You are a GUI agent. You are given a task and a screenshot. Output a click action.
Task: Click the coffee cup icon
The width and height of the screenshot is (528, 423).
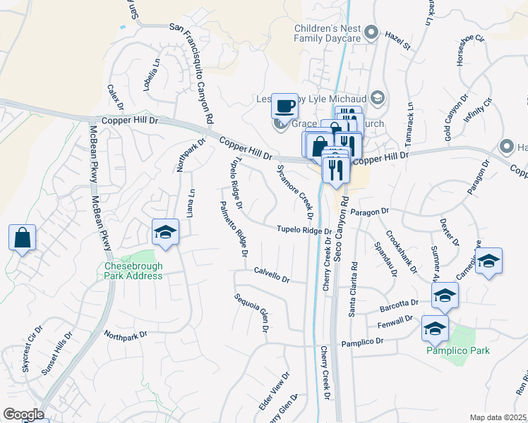click(x=284, y=106)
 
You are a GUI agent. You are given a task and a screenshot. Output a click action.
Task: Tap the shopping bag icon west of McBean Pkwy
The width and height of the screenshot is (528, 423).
click(x=22, y=238)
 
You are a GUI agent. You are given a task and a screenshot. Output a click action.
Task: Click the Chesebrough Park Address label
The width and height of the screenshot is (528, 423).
click(x=133, y=271)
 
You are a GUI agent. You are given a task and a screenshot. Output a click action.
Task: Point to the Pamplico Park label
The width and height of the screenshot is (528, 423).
click(x=457, y=350)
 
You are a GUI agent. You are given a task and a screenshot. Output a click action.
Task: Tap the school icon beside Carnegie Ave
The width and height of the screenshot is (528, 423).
click(x=488, y=262)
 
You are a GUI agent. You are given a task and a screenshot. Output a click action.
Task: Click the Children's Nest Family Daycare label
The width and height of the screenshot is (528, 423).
click(x=328, y=32)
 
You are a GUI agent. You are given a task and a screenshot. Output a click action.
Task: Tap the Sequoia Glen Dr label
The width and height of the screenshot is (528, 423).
click(x=252, y=312)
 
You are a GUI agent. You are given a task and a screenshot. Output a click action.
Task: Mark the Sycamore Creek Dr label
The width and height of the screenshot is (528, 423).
click(x=294, y=187)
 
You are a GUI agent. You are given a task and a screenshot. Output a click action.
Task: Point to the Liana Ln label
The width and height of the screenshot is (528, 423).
click(x=191, y=202)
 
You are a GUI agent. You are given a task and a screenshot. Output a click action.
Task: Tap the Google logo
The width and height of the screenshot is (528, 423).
click(x=23, y=415)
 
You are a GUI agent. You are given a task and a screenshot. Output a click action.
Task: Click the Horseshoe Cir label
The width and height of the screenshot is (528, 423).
click(x=471, y=47)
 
